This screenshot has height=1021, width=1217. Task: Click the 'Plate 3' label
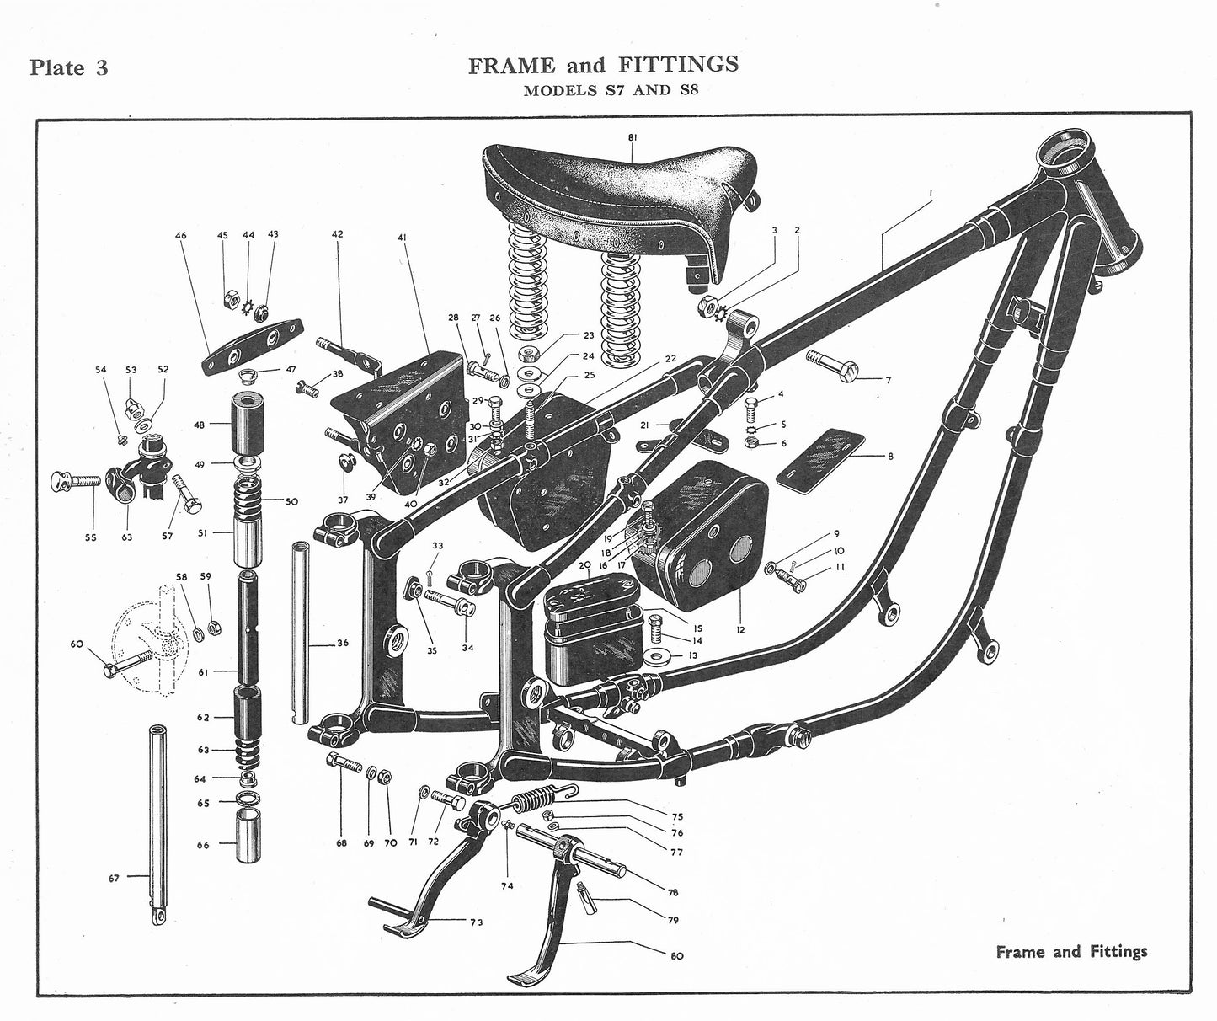tap(69, 67)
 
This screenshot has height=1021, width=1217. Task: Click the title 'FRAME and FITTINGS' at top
tap(603, 65)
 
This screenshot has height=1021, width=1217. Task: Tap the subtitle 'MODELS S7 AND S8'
tap(610, 91)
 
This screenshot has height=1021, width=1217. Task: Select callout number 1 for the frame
tap(931, 193)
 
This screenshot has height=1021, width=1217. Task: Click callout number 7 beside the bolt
tap(888, 381)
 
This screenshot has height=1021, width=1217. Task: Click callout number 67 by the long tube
tap(114, 878)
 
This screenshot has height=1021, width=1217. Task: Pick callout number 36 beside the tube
tap(342, 644)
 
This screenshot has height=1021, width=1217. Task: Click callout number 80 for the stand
tap(677, 955)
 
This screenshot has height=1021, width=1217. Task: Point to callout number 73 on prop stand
tap(477, 922)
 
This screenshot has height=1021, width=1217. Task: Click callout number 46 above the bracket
tap(181, 236)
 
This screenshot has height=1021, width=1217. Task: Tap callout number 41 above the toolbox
tap(402, 238)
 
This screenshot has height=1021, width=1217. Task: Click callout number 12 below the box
tap(740, 629)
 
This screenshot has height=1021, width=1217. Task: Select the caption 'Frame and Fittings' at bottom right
tap(1071, 952)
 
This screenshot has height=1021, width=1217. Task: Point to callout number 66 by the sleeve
tap(203, 845)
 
